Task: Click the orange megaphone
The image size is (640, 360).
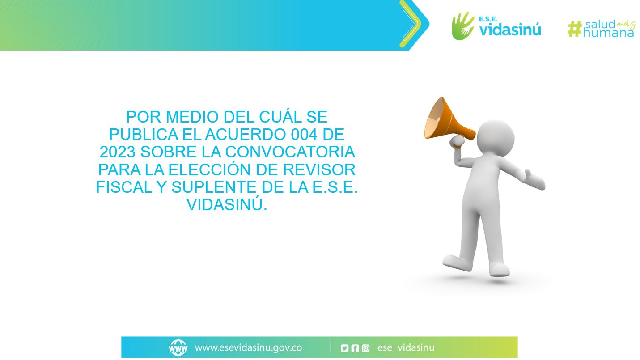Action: (446, 123)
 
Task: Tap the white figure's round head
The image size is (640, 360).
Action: (496, 138)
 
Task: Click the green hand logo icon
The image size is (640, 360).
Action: (462, 26)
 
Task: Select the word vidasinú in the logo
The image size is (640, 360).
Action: (510, 30)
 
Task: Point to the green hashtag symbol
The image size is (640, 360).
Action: (575, 29)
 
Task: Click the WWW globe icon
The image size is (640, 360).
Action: (178, 348)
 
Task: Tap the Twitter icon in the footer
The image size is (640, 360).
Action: (344, 348)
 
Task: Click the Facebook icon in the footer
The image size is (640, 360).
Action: (355, 348)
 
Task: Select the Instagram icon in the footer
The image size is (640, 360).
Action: (366, 348)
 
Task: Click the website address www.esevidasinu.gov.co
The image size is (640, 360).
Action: (248, 348)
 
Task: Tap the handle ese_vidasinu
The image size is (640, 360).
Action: (406, 348)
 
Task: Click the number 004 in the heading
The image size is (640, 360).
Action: (304, 134)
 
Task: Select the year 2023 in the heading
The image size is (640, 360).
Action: (118, 152)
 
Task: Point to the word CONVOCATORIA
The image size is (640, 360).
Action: (290, 152)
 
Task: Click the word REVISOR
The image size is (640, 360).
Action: (319, 169)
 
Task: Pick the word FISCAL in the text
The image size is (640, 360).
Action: (124, 187)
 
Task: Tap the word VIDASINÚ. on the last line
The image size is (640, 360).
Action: (227, 205)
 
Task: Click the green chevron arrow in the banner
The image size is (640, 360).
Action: (410, 24)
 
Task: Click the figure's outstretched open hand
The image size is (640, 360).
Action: (535, 179)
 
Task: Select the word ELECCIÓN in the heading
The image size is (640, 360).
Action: (210, 169)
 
